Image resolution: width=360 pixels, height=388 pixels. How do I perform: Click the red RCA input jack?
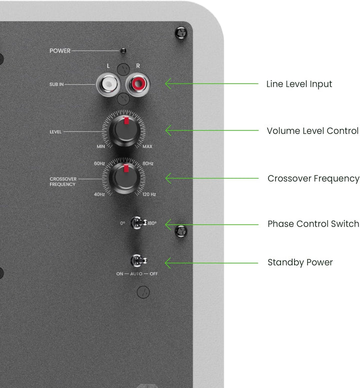point(137,84)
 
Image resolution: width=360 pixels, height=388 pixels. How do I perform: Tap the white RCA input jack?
point(108,84)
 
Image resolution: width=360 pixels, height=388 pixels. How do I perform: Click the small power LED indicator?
point(123,51)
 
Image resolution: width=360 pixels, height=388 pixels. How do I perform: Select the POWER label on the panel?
point(60,50)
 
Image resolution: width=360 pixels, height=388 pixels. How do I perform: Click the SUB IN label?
point(56,84)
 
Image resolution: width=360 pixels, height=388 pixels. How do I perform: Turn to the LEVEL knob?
point(124,130)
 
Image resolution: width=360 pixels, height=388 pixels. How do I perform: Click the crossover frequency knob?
point(124,177)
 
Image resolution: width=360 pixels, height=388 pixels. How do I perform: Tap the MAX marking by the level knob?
point(147,146)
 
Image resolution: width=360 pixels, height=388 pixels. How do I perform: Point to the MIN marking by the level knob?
point(100,146)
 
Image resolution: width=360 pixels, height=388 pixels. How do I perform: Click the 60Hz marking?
point(99,163)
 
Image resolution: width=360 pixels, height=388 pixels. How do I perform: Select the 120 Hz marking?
point(149,194)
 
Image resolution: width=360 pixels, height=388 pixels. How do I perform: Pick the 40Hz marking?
point(99,194)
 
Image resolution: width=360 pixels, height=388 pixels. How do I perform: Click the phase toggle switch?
point(138,222)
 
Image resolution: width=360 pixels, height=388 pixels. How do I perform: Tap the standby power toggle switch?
point(138,260)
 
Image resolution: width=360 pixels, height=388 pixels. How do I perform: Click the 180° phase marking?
point(152,223)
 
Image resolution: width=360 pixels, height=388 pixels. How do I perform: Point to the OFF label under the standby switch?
point(153,274)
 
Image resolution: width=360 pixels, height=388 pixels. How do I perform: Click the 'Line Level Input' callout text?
point(299,84)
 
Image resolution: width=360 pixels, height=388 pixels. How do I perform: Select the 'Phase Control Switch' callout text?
point(313,223)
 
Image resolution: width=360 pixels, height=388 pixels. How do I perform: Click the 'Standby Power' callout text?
point(300,262)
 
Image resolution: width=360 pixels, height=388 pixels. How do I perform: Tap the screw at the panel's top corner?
point(181,33)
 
